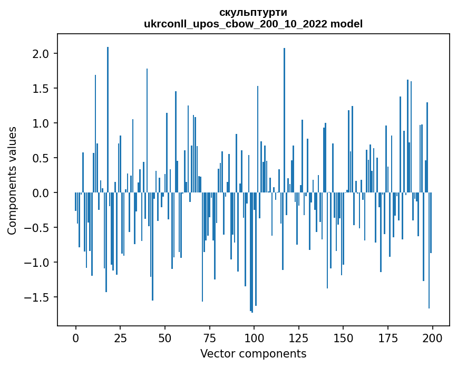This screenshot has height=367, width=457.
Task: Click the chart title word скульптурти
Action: tap(253, 13)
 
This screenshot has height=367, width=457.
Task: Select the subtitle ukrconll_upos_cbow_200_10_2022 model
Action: tap(253, 24)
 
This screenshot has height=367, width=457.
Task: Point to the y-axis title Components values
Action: tap(12, 180)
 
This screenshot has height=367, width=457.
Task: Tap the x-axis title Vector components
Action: tap(253, 353)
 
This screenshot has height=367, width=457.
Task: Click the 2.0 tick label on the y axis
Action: tap(41, 54)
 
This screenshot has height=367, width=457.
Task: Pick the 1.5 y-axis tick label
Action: tap(41, 89)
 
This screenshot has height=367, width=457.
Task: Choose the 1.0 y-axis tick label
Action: tap(41, 123)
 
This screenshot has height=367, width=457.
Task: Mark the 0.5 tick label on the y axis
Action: tap(41, 158)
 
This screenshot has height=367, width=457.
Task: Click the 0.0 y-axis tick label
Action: tap(41, 193)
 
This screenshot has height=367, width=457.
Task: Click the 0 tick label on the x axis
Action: tap(75, 337)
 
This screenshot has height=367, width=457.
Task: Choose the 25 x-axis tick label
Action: tap(120, 337)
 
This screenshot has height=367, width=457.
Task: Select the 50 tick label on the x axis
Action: tap(165, 337)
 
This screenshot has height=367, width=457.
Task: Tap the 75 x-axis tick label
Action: tap(209, 337)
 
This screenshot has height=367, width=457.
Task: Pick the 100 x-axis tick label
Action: tap(254, 337)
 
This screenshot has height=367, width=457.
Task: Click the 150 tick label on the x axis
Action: tap(343, 337)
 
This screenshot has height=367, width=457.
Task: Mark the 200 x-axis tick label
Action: tap(432, 337)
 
